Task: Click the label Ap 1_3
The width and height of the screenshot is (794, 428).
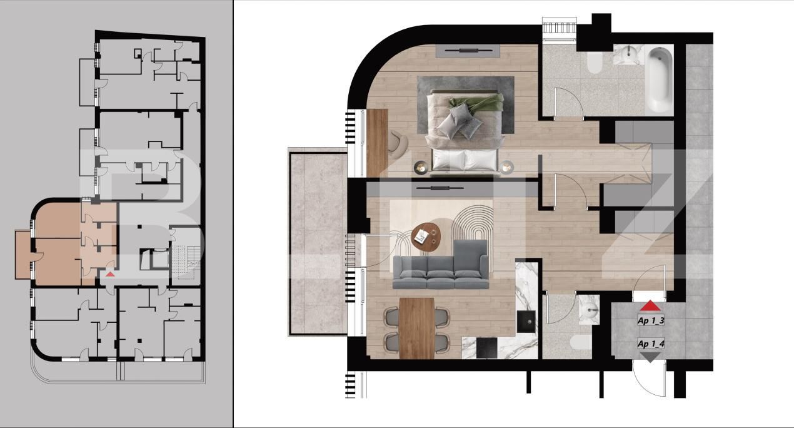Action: [x=650, y=321]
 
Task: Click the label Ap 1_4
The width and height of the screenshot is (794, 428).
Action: [x=650, y=344]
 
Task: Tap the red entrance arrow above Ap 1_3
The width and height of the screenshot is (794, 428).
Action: [x=650, y=306]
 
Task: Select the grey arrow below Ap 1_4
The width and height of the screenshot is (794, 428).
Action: [x=650, y=357]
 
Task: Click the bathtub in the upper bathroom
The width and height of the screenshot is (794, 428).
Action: [x=658, y=79]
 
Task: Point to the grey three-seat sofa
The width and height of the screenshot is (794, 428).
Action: [x=441, y=266]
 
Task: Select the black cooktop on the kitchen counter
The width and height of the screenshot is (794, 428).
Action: [x=486, y=348]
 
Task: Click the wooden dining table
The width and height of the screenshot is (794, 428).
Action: [x=416, y=327]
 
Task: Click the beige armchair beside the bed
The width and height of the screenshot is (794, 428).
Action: [x=398, y=142]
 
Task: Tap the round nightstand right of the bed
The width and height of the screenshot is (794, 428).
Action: [x=507, y=167]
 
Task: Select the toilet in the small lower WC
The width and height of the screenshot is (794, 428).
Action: [x=580, y=343]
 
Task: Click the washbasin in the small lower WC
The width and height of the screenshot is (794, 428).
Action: [x=588, y=308]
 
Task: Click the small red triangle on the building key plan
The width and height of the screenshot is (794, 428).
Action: [x=110, y=274]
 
